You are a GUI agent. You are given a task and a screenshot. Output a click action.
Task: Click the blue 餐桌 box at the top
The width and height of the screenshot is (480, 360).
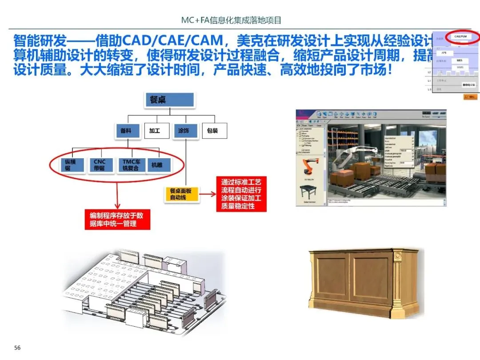[x=170, y=100]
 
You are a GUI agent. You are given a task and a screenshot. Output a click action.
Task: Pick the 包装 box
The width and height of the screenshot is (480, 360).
[x=213, y=131]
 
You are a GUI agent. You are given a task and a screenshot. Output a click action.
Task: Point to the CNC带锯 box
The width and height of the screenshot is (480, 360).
[x=100, y=165]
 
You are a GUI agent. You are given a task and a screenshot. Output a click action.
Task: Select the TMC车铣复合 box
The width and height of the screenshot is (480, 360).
[x=131, y=165]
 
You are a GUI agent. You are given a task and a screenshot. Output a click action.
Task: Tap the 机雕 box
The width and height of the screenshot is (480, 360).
[x=157, y=165]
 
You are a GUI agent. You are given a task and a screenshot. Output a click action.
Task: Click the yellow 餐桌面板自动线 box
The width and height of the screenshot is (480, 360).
[x=181, y=194]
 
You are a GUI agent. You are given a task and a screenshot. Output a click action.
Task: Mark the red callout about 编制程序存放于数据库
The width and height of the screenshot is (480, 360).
[x=117, y=220]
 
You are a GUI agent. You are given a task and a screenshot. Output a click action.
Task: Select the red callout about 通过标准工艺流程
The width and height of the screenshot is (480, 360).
[x=241, y=194]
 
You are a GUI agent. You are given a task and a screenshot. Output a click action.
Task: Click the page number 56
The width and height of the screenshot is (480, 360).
[x=17, y=348]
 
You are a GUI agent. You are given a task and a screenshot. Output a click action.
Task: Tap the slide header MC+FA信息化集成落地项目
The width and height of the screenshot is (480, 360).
[x=231, y=20]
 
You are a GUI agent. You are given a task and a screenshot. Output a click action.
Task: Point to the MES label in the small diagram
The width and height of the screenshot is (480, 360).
[x=460, y=60]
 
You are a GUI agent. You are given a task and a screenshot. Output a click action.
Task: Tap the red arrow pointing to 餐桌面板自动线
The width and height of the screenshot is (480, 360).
[x=208, y=194]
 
